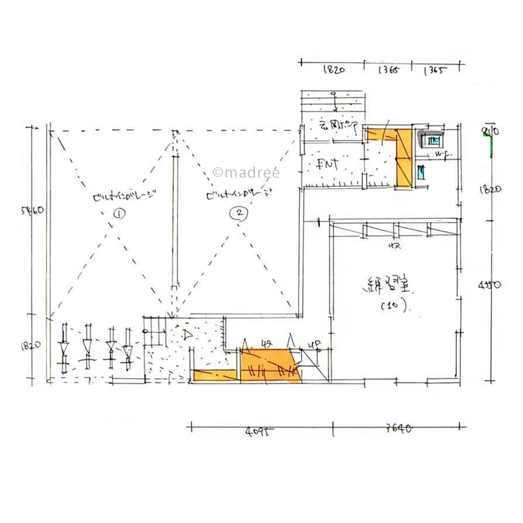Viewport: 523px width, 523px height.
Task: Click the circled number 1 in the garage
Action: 120,214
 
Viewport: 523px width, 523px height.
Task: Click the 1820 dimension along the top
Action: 334,70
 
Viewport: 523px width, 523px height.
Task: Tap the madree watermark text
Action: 246,172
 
